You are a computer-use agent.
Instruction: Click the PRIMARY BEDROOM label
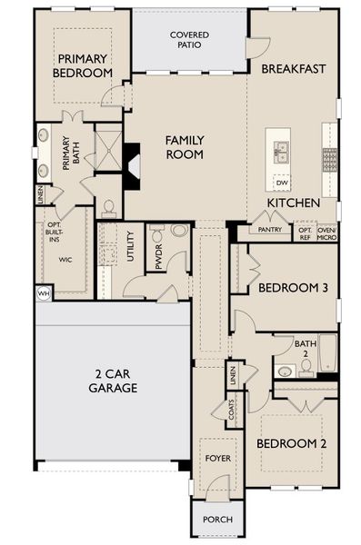(x=81, y=65)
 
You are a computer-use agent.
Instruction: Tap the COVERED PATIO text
(x=190, y=39)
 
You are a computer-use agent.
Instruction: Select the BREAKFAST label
(x=294, y=69)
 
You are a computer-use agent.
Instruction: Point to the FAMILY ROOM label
(x=184, y=147)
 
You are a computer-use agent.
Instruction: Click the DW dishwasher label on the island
(x=281, y=182)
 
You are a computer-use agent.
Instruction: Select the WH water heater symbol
(x=43, y=293)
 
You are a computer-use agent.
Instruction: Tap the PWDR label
(x=158, y=255)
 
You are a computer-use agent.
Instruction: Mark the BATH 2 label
(x=306, y=349)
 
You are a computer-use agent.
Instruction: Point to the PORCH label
(x=216, y=520)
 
